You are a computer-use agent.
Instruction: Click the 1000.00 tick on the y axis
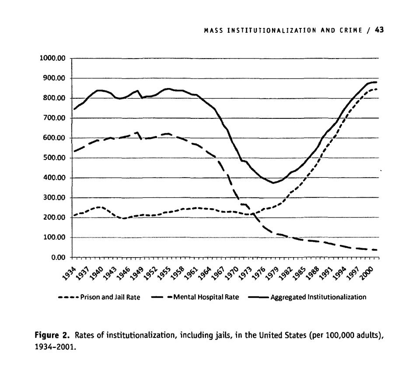53,59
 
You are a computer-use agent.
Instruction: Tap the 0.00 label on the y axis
58,258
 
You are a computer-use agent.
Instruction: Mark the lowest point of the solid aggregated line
274,183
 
